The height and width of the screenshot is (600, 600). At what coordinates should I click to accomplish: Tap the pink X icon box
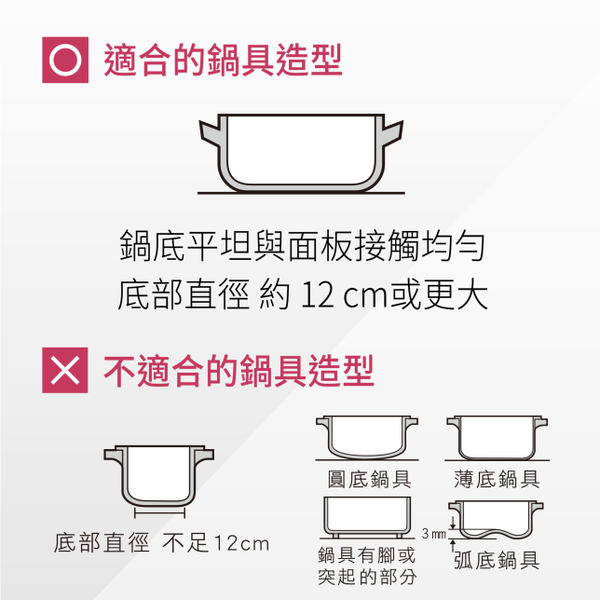point(65,370)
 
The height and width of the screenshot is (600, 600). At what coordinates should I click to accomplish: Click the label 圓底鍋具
point(364,480)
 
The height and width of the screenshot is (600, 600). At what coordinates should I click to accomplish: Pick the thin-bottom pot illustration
point(495,438)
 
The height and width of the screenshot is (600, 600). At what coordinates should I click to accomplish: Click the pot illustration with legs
point(367,518)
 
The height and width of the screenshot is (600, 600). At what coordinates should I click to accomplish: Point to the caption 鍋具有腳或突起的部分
point(366,566)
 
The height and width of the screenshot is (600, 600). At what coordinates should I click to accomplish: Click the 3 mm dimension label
point(433,534)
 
